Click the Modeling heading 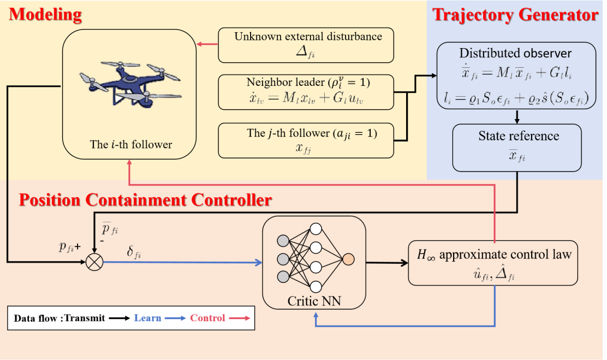coord(45,14)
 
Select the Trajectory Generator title coord(515,14)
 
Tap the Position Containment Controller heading coord(145,200)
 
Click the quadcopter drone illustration coord(130,85)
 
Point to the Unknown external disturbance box coord(306,45)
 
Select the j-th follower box coord(306,140)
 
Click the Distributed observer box coord(515,75)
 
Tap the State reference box coord(515,147)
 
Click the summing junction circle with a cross coord(94,262)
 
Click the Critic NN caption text coord(314,300)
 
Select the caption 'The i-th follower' coord(131,145)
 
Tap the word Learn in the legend coord(147,318)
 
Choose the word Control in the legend coord(207,318)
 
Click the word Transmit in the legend coord(85,318)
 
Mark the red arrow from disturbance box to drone coord(207,44)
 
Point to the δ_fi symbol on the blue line coord(134,253)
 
